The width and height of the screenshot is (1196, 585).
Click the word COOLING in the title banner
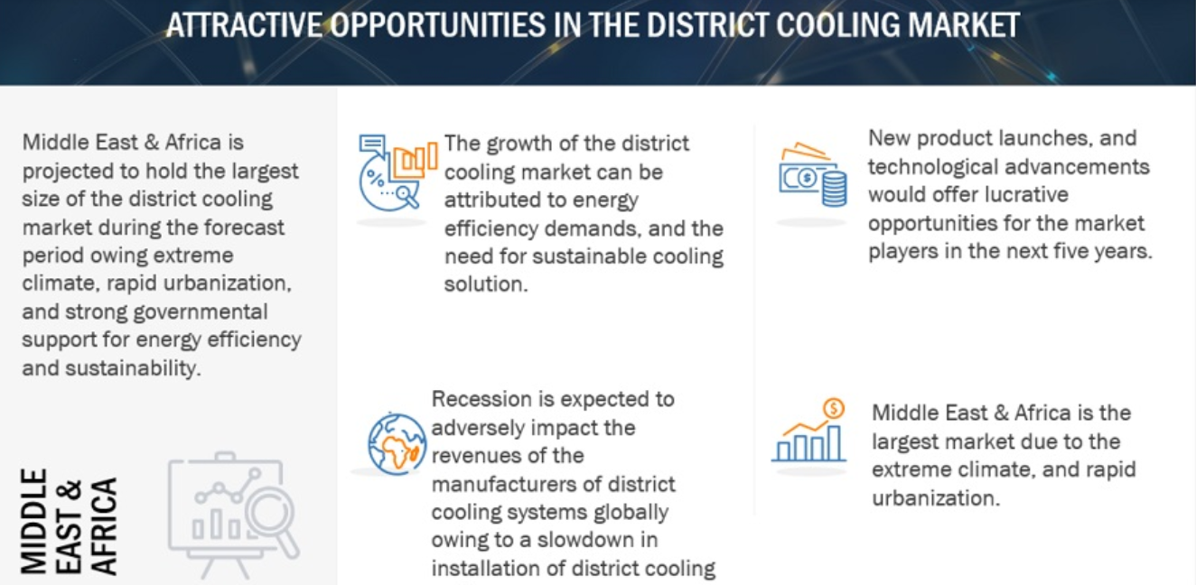pyautogui.click(x=837, y=24)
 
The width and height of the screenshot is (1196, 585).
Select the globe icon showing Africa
pyautogui.click(x=397, y=444)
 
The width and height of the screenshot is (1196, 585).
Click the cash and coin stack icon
pyautogui.click(x=812, y=174)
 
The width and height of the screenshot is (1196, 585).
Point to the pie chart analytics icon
pyautogui.click(x=397, y=172)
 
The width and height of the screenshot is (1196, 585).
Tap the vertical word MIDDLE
pyautogui.click(x=33, y=521)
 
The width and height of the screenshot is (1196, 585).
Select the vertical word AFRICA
pyautogui.click(x=103, y=526)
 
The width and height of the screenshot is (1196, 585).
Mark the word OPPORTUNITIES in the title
pyautogui.click(x=438, y=24)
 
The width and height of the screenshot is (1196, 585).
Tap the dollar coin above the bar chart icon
pyautogui.click(x=834, y=409)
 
